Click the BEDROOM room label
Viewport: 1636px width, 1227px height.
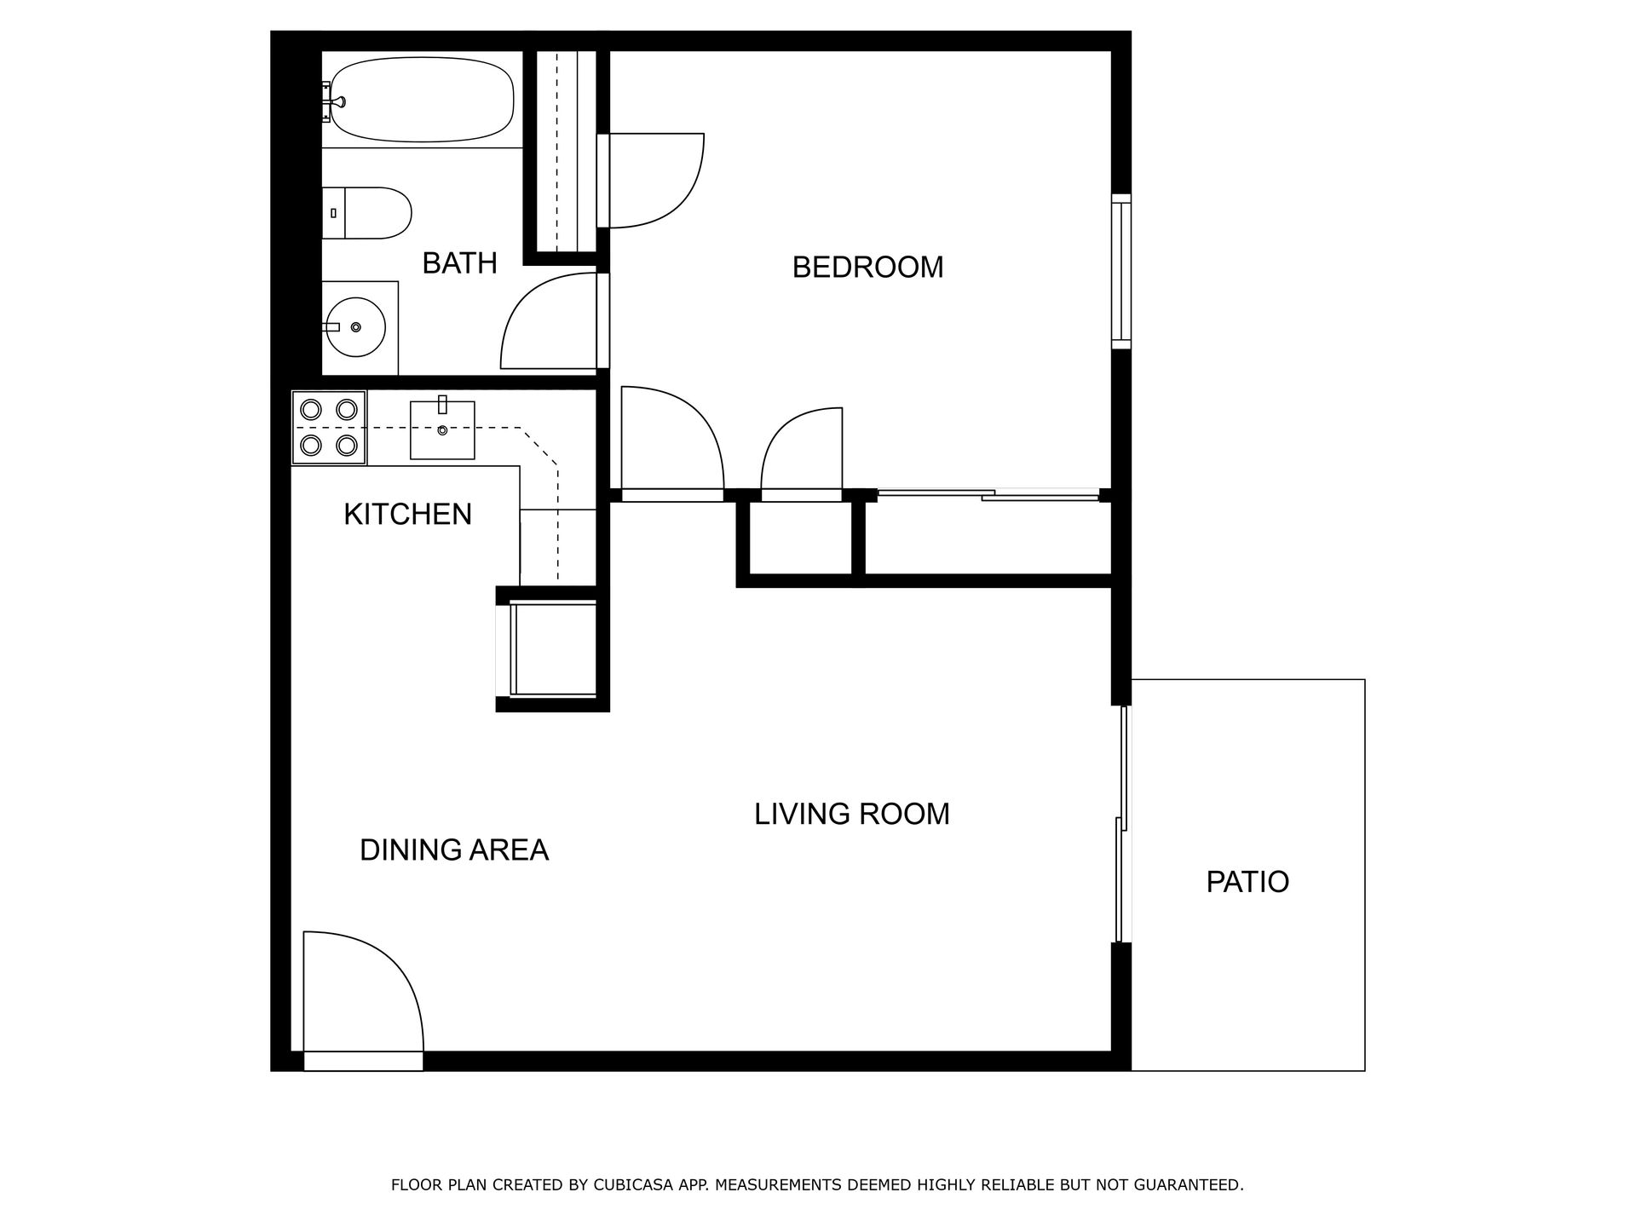(867, 268)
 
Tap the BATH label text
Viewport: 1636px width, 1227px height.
(459, 263)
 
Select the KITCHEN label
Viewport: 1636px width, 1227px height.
(407, 514)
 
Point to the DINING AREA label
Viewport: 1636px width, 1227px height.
(454, 850)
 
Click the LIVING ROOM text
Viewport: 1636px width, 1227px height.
(852, 814)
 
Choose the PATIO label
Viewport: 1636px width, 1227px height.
(1247, 881)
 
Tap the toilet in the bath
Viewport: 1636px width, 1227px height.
(367, 213)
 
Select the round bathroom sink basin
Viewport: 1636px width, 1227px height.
(356, 327)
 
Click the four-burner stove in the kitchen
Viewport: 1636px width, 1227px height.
(329, 428)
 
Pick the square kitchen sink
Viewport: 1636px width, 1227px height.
(442, 429)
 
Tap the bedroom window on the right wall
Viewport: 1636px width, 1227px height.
(1121, 271)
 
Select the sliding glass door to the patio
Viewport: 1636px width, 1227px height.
(1123, 824)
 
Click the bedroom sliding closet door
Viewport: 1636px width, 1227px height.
(988, 494)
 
